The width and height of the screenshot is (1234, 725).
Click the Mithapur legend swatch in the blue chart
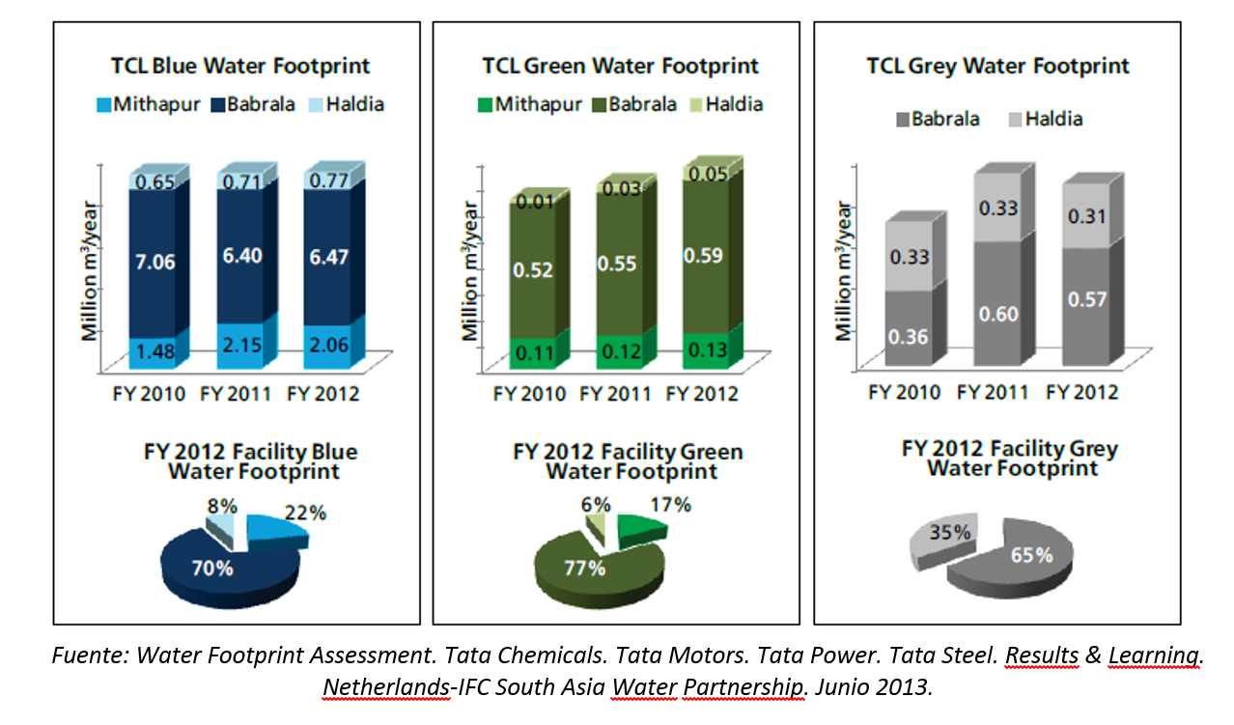click(103, 103)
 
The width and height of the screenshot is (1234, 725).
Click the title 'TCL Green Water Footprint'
click(620, 66)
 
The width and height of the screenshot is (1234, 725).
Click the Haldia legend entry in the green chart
click(727, 104)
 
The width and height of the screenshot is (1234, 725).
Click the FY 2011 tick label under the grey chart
click(994, 392)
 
